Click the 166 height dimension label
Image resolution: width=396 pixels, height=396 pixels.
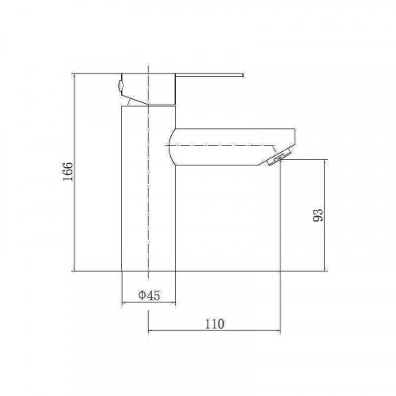67,172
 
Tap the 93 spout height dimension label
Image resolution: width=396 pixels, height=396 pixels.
318,215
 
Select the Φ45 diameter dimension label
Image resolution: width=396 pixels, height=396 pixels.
149,295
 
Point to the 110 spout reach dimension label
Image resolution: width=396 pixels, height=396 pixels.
215,324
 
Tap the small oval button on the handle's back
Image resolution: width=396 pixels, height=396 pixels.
120,86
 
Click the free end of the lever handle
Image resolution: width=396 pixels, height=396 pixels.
243,75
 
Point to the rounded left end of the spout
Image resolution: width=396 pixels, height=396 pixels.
170,147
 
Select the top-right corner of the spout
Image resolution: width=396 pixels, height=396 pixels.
295,129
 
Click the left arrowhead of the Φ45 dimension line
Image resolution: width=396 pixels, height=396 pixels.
123,303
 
